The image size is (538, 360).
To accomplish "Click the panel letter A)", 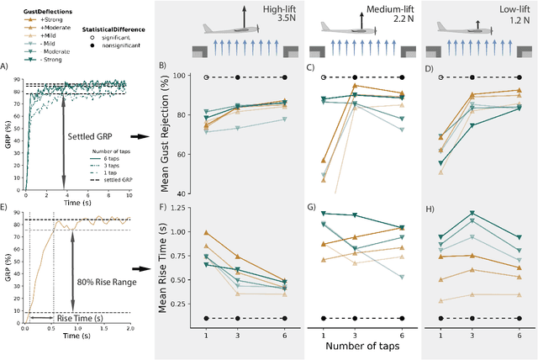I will (x=6, y=66).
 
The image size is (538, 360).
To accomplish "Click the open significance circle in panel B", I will (x=206, y=77).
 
